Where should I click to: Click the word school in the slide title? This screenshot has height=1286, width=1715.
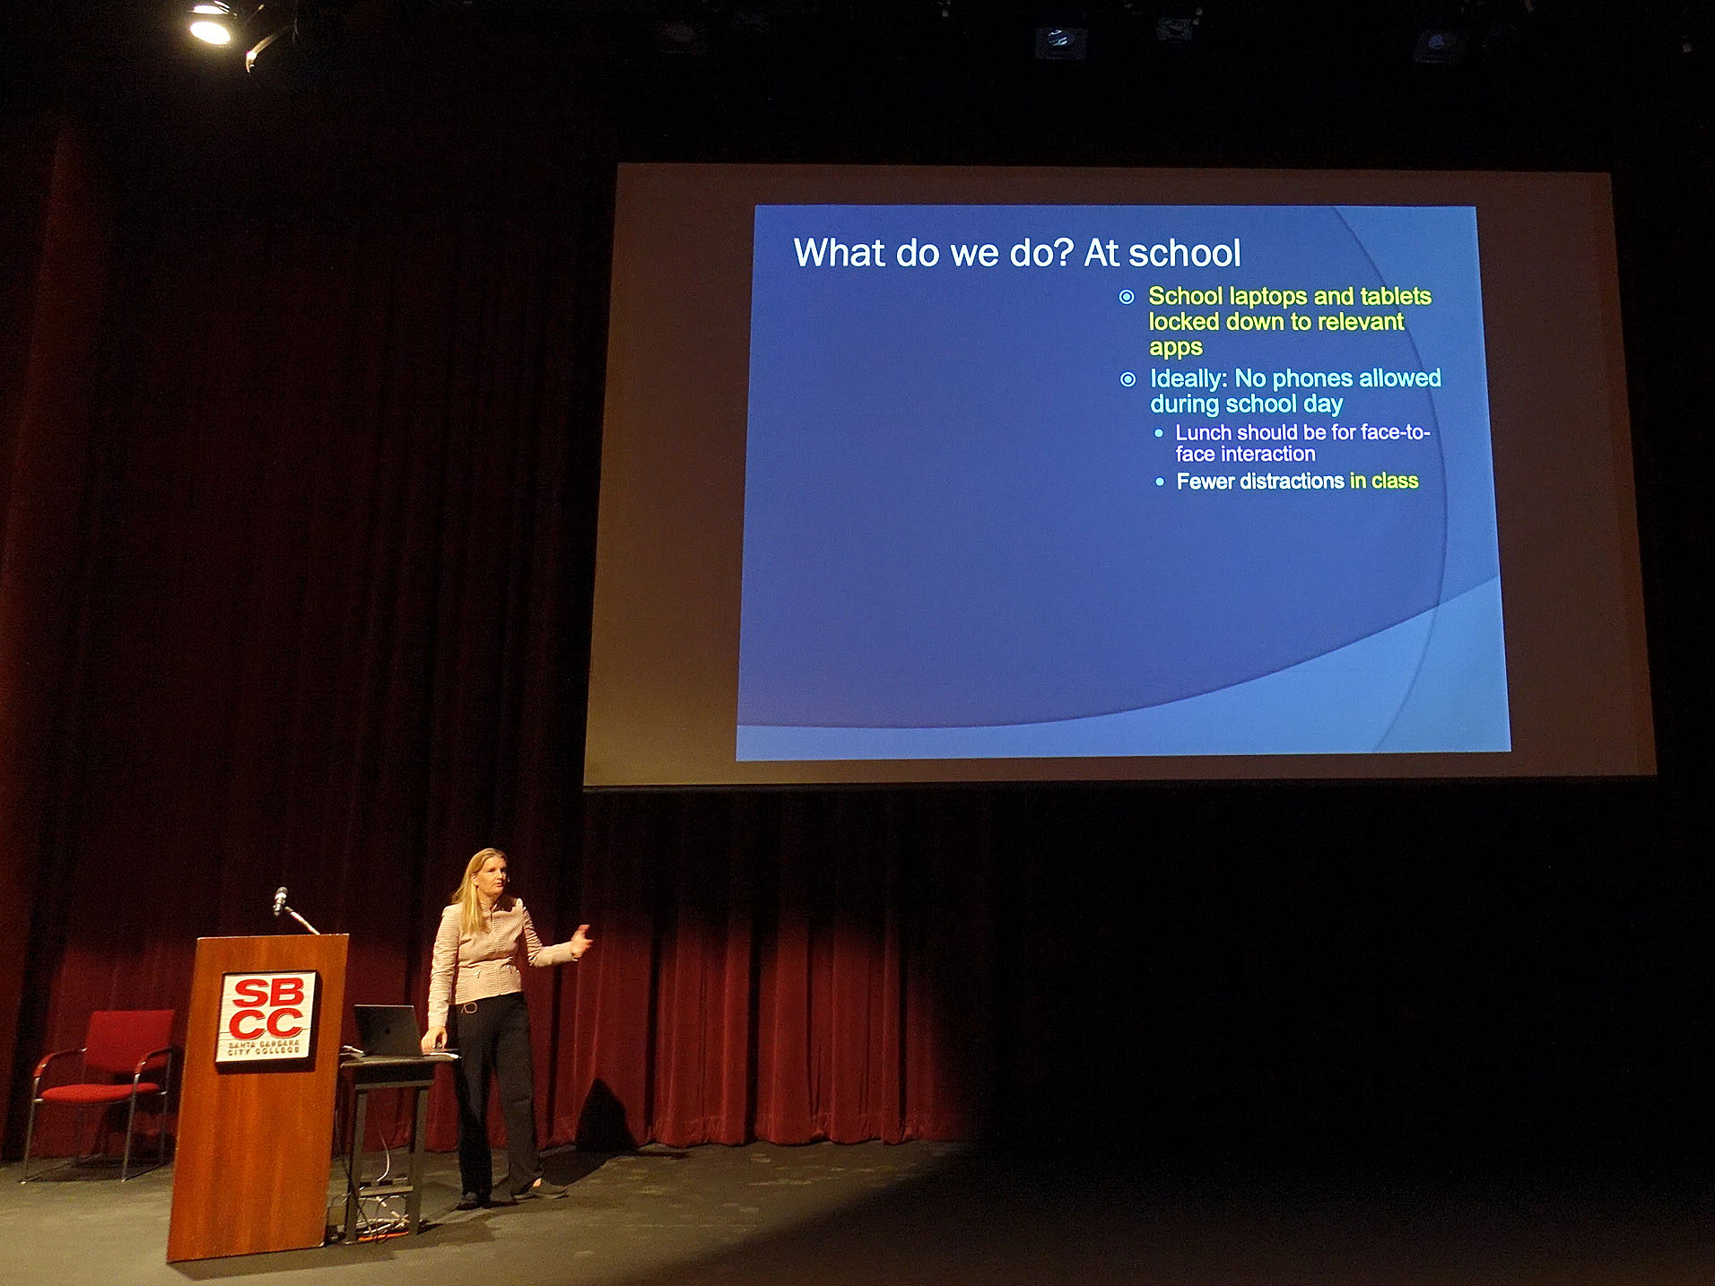pos(1184,254)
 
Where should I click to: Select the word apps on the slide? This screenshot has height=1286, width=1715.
pos(1175,349)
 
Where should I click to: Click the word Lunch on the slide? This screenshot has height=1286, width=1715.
pos(1203,433)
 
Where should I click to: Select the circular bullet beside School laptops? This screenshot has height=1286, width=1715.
pos(1127,297)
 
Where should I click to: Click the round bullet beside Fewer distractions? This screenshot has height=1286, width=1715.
pos(1160,482)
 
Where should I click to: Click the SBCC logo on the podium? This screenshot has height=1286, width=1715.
pos(266,1016)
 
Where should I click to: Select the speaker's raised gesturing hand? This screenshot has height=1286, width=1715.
pos(580,941)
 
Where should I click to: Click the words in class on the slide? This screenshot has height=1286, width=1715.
pos(1384,481)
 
